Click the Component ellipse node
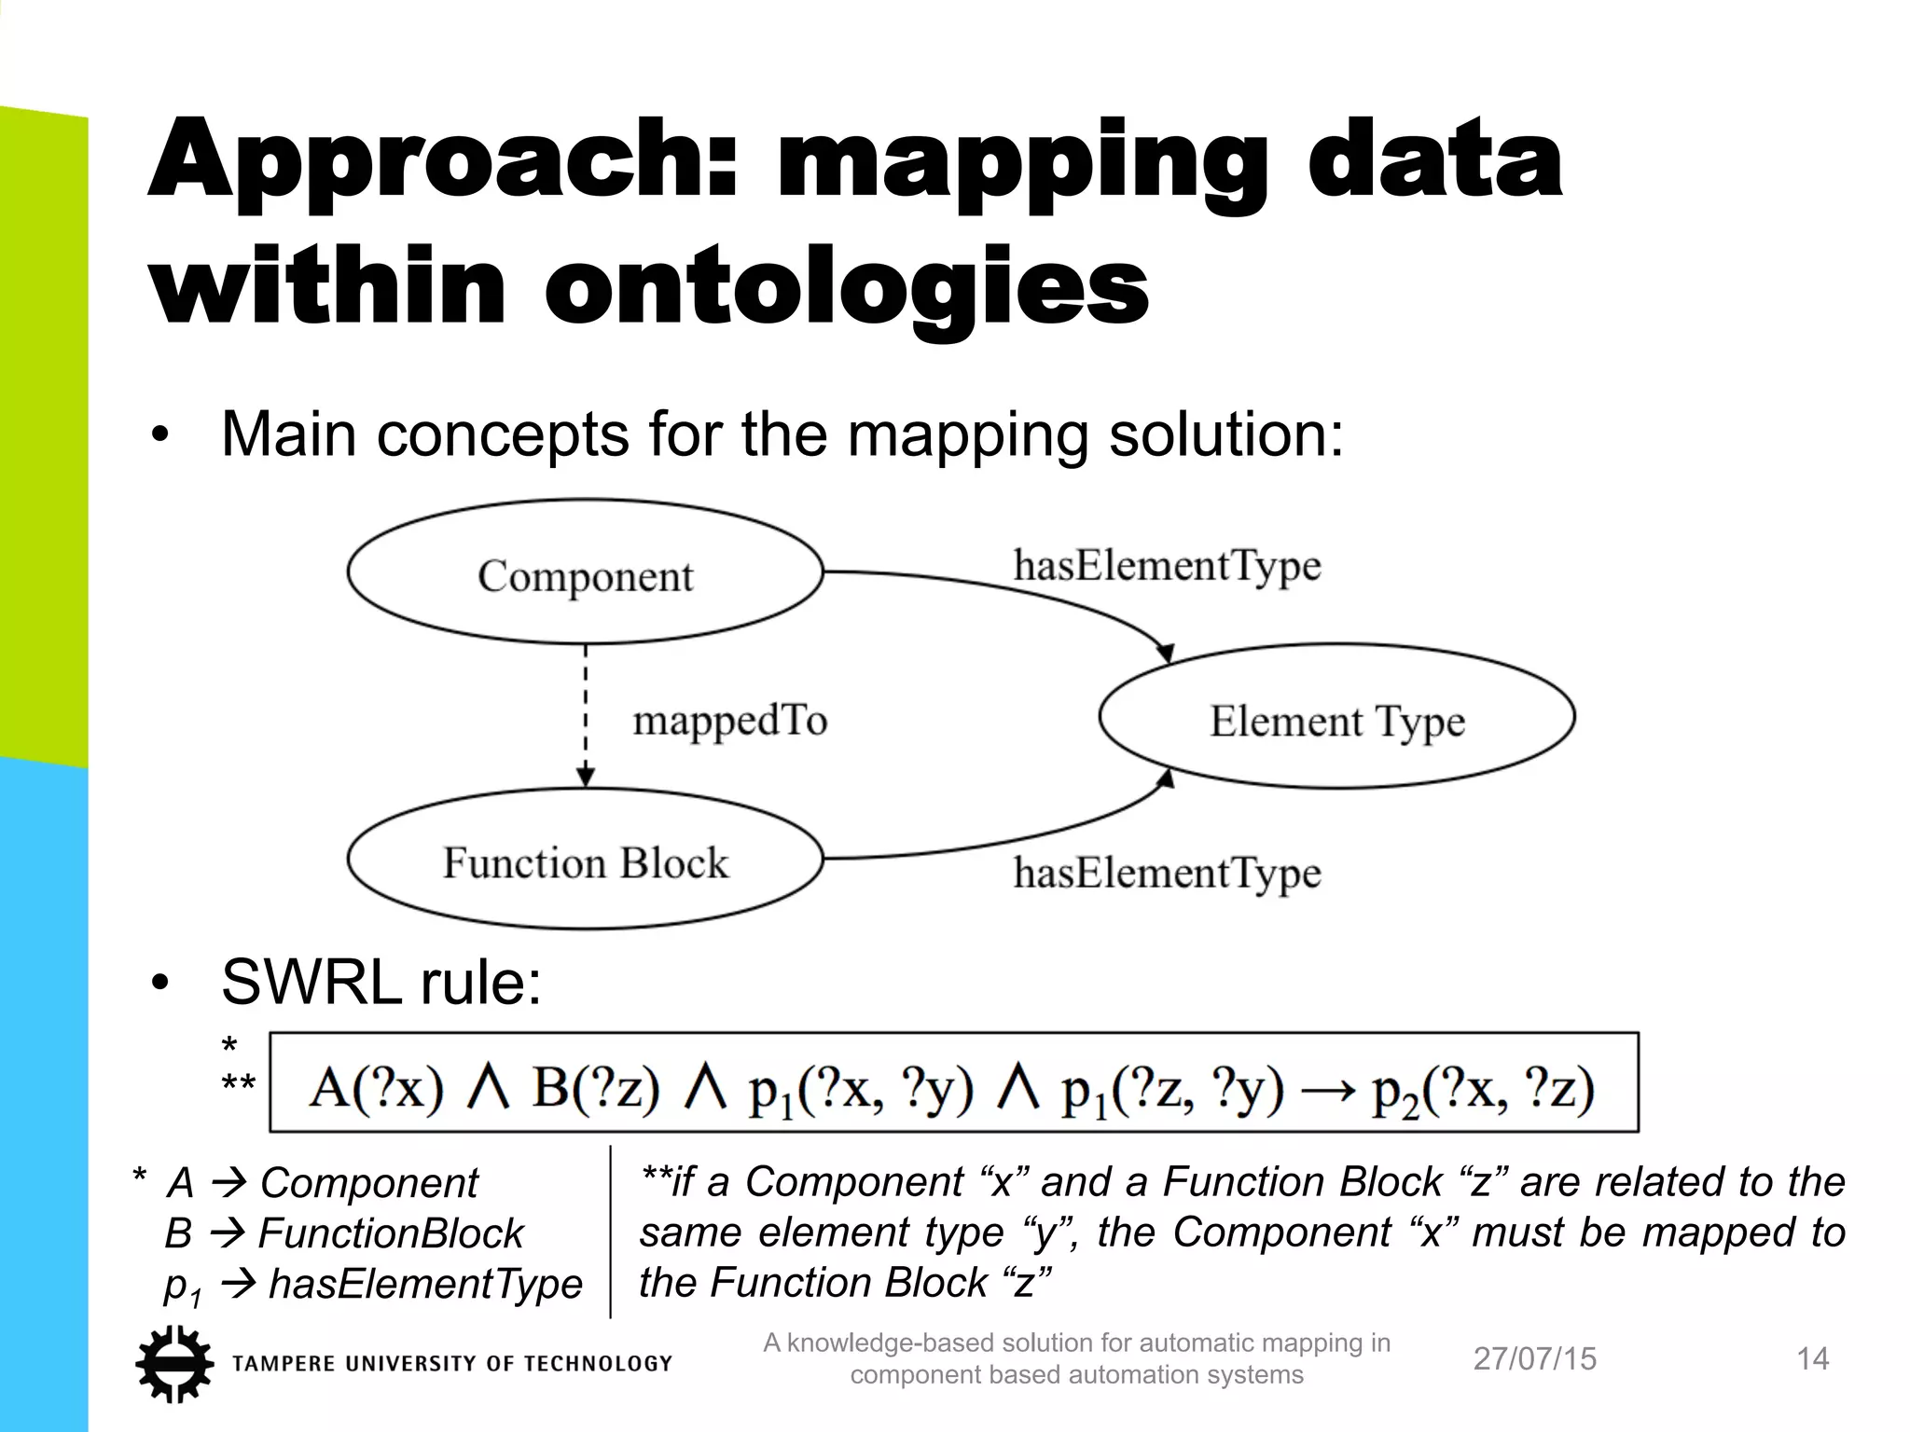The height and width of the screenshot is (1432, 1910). pos(585,573)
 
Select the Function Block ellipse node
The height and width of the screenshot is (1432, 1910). pos(585,861)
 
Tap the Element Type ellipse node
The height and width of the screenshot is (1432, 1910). pos(1336,719)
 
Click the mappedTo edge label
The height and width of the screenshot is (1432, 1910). pos(729,721)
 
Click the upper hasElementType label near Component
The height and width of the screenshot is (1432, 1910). pos(1167,566)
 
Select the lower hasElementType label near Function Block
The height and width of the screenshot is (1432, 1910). pos(1167,874)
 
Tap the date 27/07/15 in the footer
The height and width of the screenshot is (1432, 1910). pos(1534,1359)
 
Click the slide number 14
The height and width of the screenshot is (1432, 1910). pos(1812,1359)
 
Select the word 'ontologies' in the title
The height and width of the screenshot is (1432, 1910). pos(846,285)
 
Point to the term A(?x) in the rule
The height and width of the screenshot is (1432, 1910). pos(376,1087)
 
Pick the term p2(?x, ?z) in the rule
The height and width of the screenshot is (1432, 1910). pos(1482,1089)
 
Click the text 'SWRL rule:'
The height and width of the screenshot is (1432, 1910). pos(381,982)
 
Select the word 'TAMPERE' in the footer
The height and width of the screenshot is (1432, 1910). pos(283,1364)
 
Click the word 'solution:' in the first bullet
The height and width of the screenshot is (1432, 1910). pos(1225,434)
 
